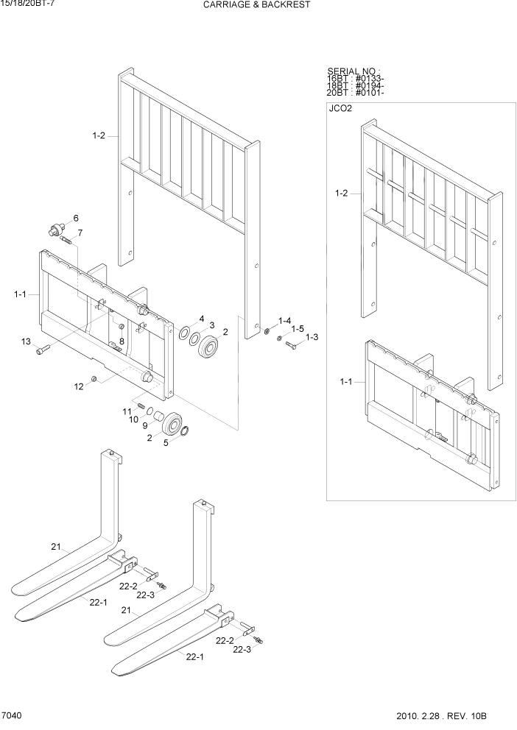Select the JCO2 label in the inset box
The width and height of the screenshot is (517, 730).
point(341,109)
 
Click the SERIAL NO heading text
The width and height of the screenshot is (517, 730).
point(354,71)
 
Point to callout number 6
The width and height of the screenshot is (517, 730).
point(75,218)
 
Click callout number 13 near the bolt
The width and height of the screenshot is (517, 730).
point(26,341)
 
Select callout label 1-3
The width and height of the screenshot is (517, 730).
point(312,337)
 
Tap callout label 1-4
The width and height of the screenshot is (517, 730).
point(284,321)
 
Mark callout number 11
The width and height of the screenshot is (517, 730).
point(126,410)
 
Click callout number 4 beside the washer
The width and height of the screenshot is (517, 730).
point(201,319)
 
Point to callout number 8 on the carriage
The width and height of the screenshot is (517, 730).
point(122,341)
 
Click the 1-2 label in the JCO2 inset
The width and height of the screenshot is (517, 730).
point(341,194)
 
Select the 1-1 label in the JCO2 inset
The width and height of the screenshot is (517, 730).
point(345,381)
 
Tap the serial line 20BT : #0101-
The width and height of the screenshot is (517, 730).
point(356,93)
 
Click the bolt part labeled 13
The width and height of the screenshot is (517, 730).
point(42,350)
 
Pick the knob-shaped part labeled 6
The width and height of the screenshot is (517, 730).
point(54,230)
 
